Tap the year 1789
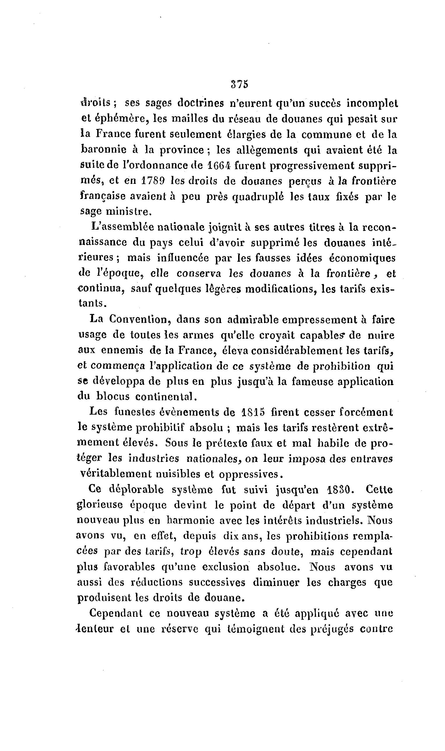[153, 181]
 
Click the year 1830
[338, 490]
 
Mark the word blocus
[113, 396]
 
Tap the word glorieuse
[100, 505]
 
